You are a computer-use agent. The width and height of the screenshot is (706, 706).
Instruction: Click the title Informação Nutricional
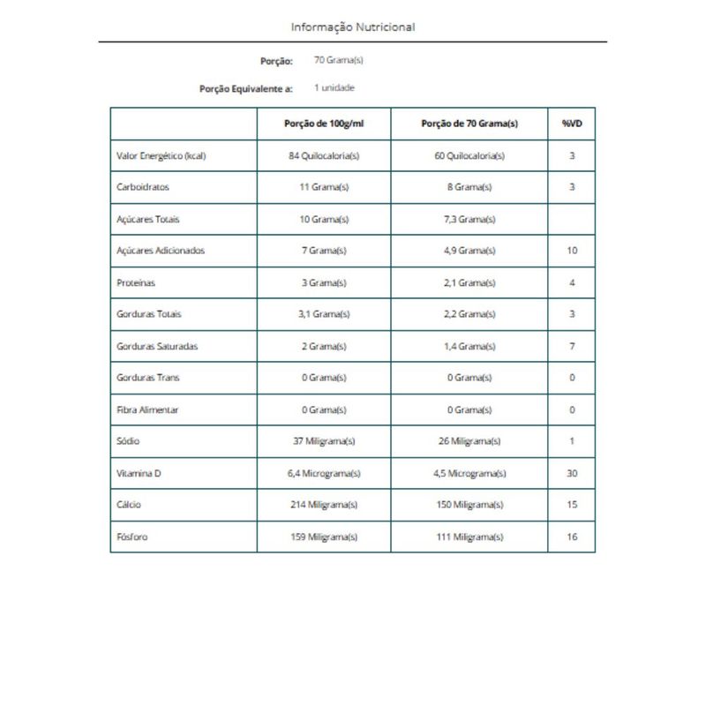point(353,26)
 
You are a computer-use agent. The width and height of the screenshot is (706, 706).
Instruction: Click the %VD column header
point(571,124)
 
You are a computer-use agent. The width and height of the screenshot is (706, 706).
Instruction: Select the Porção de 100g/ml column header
point(324,124)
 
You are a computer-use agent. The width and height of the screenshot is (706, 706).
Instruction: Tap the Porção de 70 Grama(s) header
point(469,124)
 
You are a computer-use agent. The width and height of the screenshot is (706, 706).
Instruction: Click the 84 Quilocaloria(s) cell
point(324,155)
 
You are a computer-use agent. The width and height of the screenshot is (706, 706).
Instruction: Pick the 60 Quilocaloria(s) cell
point(469,155)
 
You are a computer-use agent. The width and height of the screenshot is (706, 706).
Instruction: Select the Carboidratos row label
point(143,187)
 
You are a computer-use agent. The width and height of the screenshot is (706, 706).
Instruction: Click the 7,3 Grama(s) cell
point(469,219)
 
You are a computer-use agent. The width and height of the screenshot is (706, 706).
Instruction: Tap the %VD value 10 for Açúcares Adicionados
point(572,251)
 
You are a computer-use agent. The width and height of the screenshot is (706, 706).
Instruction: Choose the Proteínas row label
point(137,282)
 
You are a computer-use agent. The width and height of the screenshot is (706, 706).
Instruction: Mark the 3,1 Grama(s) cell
point(324,314)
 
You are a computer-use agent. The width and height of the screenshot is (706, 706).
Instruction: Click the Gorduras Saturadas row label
point(157,346)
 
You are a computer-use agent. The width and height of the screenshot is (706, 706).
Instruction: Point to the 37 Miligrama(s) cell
point(324,441)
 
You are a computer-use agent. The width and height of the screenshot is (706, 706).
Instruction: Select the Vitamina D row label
point(139,473)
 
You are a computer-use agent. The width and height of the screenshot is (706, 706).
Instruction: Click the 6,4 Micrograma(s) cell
point(324,473)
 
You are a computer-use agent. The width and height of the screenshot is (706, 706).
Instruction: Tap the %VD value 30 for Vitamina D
point(572,473)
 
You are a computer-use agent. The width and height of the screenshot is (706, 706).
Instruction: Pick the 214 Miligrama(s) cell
point(324,505)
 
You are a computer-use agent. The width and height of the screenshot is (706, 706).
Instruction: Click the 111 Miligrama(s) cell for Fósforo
point(469,537)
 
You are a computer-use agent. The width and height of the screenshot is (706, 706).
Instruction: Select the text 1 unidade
point(334,88)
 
